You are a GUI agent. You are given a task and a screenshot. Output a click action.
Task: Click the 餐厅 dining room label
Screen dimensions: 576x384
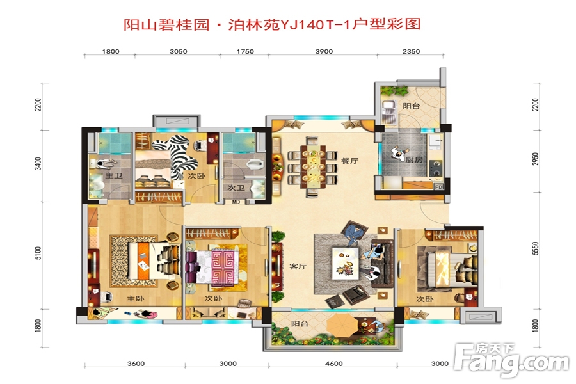pyautogui.click(x=349, y=161)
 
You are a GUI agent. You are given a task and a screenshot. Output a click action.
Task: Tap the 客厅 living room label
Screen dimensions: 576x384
pyautogui.click(x=298, y=266)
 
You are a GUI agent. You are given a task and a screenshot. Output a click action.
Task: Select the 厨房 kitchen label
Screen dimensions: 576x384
pyautogui.click(x=413, y=159)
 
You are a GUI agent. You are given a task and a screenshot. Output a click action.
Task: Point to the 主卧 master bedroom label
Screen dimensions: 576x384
pyautogui.click(x=135, y=298)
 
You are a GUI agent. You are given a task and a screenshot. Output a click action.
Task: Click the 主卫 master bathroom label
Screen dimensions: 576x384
pyautogui.click(x=113, y=175)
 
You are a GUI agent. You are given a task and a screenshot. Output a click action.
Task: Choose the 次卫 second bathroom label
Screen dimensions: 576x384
pyautogui.click(x=236, y=188)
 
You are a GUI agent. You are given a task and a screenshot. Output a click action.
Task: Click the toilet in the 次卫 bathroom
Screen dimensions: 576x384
pyautogui.click(x=255, y=164)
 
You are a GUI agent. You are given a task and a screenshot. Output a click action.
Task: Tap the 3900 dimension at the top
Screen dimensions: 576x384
pyautogui.click(x=324, y=51)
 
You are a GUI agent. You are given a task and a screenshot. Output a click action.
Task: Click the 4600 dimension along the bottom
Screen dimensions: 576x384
pyautogui.click(x=334, y=364)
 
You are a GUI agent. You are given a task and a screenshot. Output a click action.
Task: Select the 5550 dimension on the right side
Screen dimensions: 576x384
pyautogui.click(x=535, y=248)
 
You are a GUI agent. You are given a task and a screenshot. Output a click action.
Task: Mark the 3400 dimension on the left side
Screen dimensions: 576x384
pyautogui.click(x=38, y=164)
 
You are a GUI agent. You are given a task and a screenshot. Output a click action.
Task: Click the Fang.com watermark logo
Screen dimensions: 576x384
pyautogui.click(x=512, y=360)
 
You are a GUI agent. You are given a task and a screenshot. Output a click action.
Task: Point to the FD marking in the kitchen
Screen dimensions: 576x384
pyautogui.click(x=438, y=187)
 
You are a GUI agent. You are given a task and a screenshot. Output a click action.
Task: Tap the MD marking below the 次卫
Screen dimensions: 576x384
pyautogui.click(x=236, y=202)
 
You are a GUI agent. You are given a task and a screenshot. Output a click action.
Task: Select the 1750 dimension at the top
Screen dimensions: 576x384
pyautogui.click(x=245, y=51)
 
